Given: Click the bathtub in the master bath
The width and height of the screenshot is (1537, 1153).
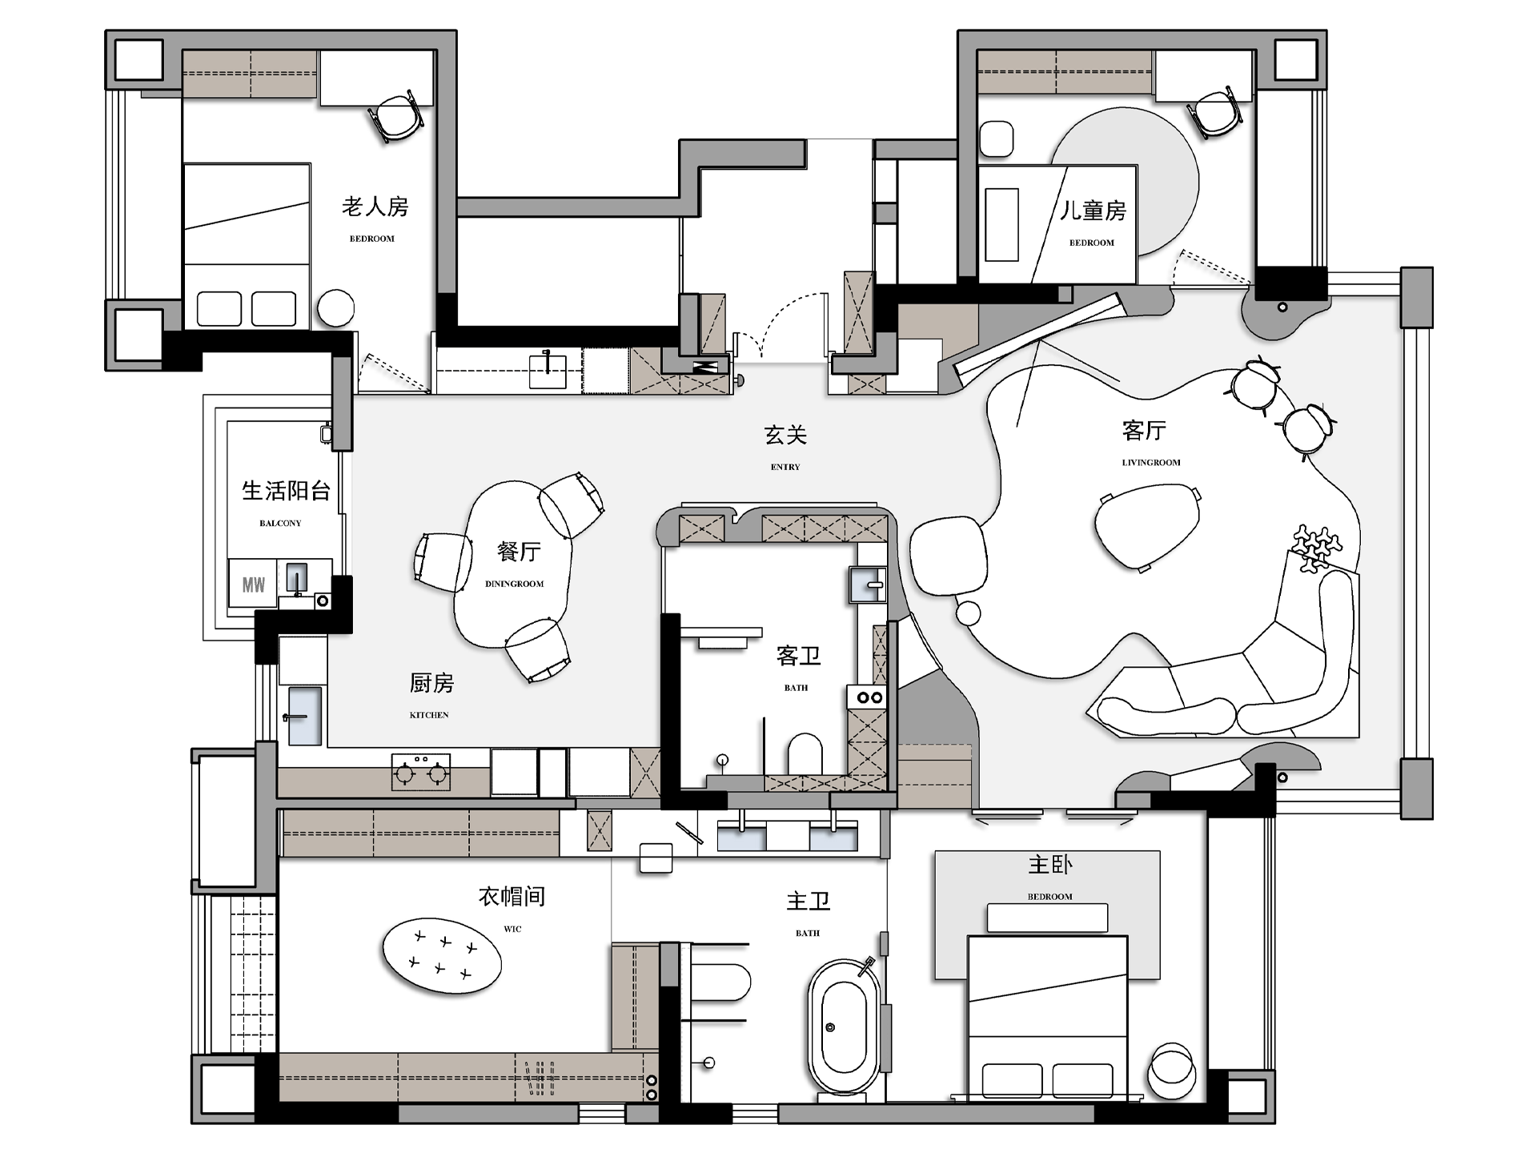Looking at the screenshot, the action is tap(844, 1028).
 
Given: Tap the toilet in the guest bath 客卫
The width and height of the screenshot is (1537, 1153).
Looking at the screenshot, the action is tap(805, 753).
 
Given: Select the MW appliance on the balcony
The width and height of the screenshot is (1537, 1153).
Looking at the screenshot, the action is tap(253, 584).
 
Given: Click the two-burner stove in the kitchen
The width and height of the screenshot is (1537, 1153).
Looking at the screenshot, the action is tap(420, 772).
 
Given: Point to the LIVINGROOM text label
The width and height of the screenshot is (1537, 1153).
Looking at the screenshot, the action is tap(1151, 463).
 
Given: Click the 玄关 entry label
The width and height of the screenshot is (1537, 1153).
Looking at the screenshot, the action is tap(785, 435).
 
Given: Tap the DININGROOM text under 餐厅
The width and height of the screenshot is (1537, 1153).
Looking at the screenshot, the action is tap(514, 584).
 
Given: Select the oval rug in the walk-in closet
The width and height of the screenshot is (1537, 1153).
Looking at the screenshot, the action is tap(442, 956).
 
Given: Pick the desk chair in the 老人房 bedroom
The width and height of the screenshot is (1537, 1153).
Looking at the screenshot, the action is tap(396, 117).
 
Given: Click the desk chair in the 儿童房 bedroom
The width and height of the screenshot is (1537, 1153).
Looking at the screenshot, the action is tap(1216, 113).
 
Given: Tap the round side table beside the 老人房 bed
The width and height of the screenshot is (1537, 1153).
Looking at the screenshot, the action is tap(335, 307).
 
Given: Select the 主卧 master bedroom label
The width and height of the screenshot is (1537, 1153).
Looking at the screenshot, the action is tap(1050, 865).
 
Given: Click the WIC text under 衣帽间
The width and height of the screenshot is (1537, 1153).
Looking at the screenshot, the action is tap(512, 930).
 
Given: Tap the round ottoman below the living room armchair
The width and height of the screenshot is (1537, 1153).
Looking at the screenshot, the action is tap(969, 613).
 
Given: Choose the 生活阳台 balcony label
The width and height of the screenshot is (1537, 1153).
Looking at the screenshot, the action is tap(286, 491).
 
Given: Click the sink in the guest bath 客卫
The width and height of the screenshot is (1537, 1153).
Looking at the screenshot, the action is tap(868, 585).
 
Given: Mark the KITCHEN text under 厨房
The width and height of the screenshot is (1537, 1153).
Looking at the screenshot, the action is tap(429, 715).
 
